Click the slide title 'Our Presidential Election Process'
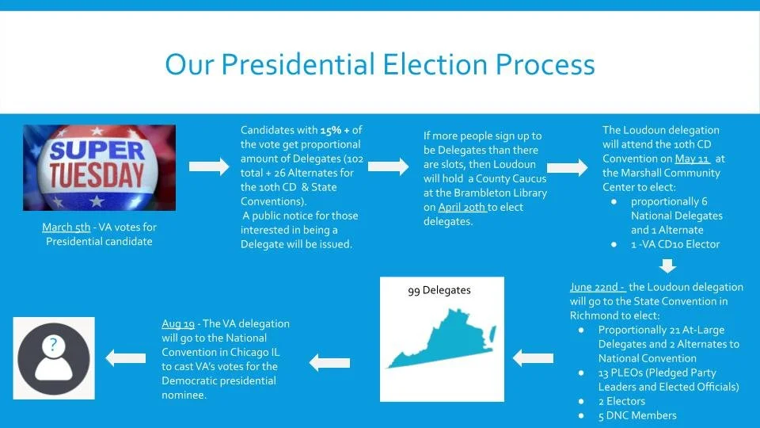click(x=379, y=64)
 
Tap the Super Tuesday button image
click(x=88, y=166)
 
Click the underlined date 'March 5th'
click(x=66, y=227)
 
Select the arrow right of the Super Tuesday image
click(x=208, y=166)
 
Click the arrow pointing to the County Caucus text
click(x=389, y=166)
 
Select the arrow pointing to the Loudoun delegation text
click(x=567, y=168)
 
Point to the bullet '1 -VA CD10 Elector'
click(x=675, y=244)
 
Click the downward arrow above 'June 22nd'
click(x=669, y=266)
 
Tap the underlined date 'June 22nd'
click(x=597, y=287)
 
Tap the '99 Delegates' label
click(x=439, y=290)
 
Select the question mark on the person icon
click(x=52, y=345)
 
